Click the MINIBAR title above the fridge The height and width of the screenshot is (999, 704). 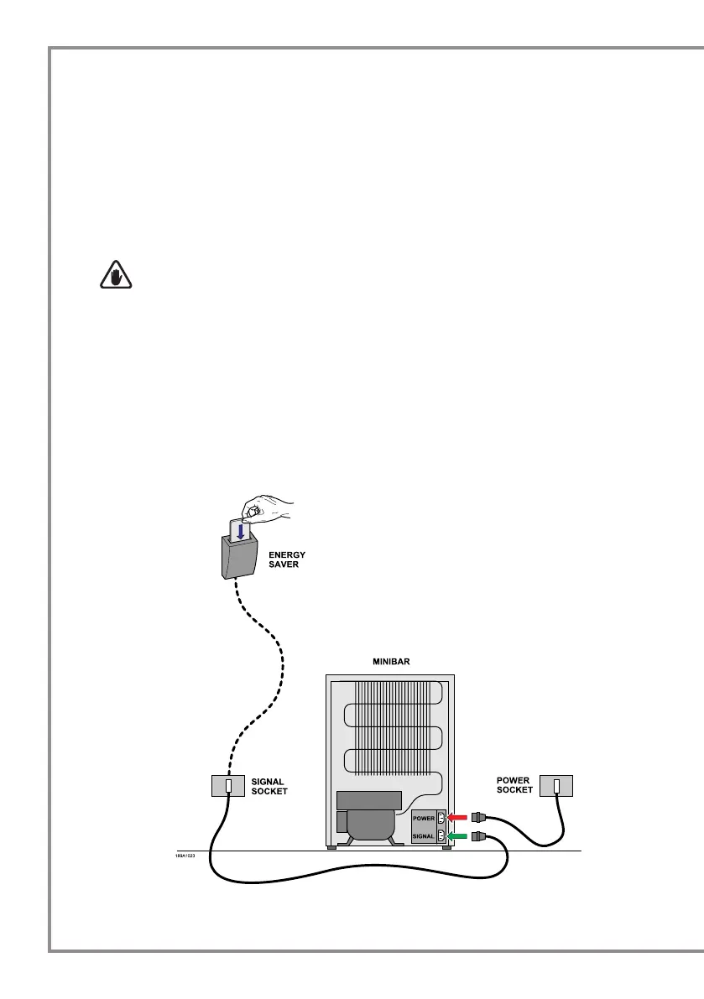[x=389, y=662]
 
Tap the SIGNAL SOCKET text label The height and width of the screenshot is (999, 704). [x=269, y=786]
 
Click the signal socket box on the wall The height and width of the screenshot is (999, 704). [x=227, y=786]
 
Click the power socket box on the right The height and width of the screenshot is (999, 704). [x=556, y=786]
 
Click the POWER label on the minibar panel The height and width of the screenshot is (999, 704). [x=425, y=817]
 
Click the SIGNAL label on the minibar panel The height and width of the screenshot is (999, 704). [x=425, y=836]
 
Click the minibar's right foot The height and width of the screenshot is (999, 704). [x=446, y=846]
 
